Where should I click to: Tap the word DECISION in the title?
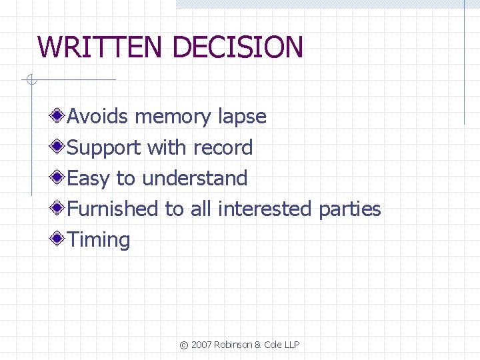[x=237, y=47]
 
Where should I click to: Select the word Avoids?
[x=98, y=117]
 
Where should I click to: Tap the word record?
[x=223, y=147]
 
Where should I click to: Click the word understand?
[x=195, y=178]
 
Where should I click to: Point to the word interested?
[x=265, y=209]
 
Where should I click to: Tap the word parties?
[x=349, y=209]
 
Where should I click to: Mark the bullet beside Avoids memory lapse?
[x=59, y=117]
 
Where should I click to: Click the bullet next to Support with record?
[x=59, y=147]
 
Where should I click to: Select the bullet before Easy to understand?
[x=59, y=178]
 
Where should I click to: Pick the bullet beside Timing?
[x=59, y=239]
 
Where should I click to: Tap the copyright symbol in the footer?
[x=184, y=345]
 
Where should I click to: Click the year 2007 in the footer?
[x=201, y=345]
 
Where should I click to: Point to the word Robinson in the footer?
[x=235, y=345]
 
